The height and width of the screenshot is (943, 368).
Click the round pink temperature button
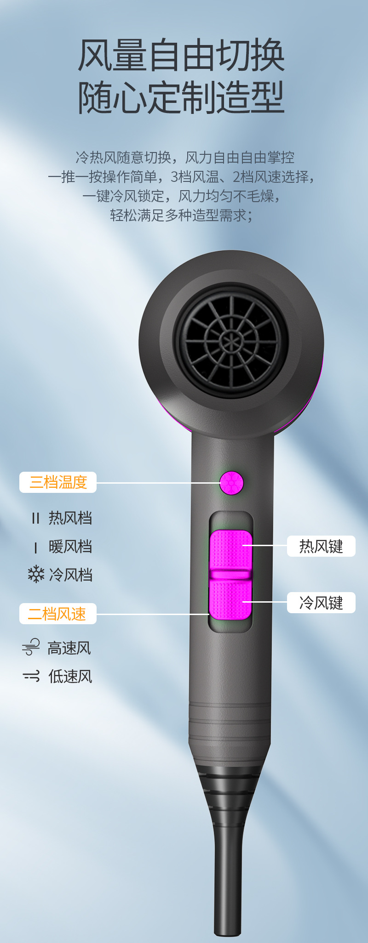pos(231,483)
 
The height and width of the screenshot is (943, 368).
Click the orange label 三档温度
pos(58,482)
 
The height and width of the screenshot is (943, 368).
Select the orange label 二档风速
pos(58,614)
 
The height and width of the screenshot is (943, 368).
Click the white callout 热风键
pos(321,546)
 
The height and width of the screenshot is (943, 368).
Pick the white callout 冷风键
pos(321,603)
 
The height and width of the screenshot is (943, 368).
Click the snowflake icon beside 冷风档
pos(36,575)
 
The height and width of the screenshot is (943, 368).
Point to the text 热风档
pos(70,518)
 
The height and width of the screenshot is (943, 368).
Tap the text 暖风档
pos(70,547)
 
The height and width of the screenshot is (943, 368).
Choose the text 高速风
pos(69,648)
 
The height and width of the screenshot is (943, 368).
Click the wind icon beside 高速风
pos(31,647)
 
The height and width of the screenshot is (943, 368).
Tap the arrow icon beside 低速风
pos(31,676)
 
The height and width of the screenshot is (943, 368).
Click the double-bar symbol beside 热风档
pos(35,519)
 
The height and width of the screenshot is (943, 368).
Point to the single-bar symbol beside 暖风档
pos(35,547)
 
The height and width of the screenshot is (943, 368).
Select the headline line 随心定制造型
pos(182,97)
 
